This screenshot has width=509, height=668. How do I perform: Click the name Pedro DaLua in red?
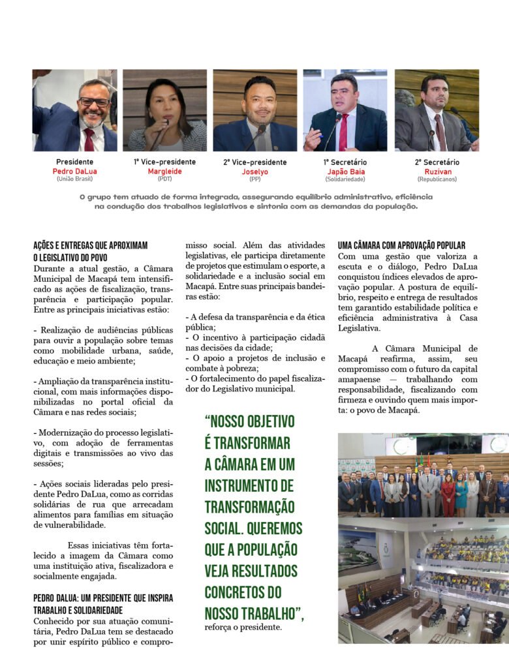click(x=74, y=172)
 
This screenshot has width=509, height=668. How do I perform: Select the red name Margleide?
click(x=164, y=172)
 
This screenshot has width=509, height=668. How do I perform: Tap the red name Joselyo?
click(x=254, y=172)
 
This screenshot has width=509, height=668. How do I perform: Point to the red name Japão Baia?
click(x=345, y=172)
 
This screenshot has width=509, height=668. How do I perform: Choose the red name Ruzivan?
click(x=437, y=172)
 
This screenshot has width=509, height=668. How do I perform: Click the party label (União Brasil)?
click(x=74, y=179)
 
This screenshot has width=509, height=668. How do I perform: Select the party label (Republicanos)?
click(x=437, y=179)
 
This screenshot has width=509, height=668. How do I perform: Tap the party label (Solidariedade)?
click(x=345, y=179)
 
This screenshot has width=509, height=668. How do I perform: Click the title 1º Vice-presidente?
click(x=164, y=162)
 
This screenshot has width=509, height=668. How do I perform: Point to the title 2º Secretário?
click(x=437, y=162)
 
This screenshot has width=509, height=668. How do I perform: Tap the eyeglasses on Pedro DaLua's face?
click(x=94, y=102)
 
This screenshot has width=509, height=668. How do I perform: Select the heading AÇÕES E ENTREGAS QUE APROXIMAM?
click(x=91, y=245)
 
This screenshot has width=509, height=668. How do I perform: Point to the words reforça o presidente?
click(x=243, y=628)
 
